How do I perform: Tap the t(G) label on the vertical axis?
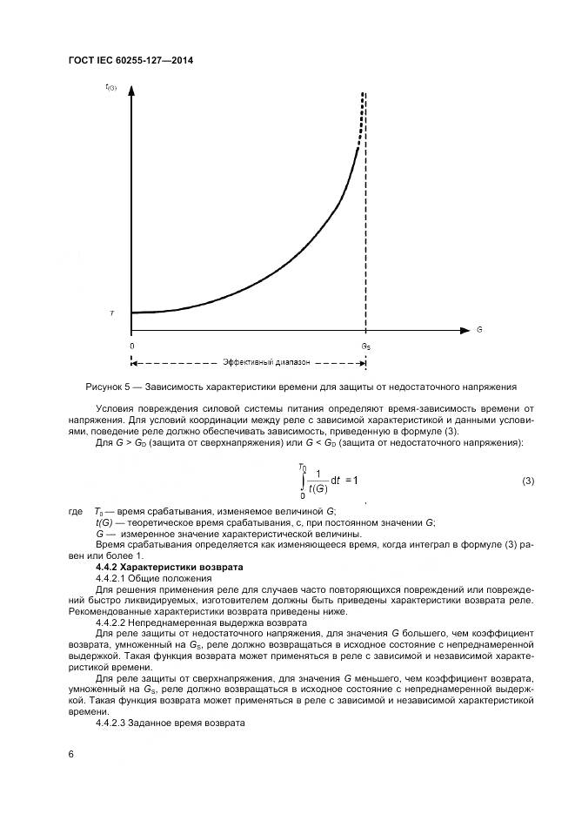point(110,87)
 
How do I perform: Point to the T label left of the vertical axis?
point(110,312)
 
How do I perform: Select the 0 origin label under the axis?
point(131,346)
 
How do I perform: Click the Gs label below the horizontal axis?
point(366,346)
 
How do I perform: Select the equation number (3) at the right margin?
point(527,481)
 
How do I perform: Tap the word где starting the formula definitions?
point(75,510)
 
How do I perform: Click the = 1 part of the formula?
point(351,481)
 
